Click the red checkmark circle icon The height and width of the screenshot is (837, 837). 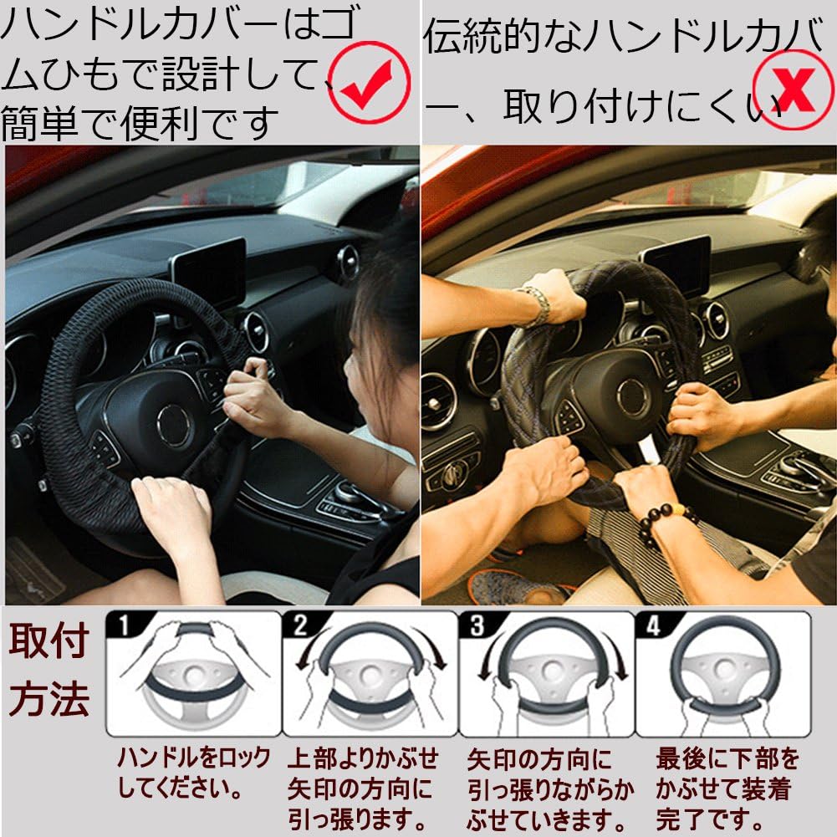[x=369, y=77]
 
